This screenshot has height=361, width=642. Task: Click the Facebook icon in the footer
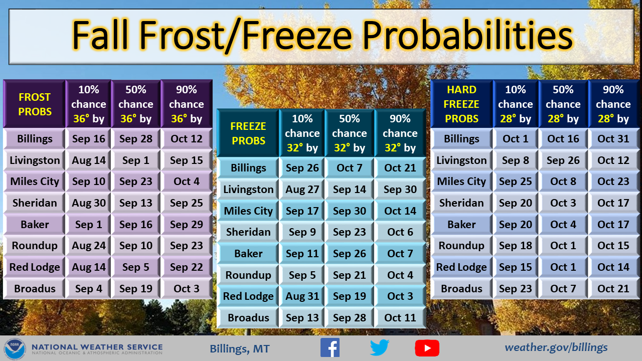pos(330,347)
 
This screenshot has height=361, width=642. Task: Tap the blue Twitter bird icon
pos(380,347)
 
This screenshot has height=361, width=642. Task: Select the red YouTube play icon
pos(427,348)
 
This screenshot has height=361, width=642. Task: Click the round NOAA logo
pos(15,348)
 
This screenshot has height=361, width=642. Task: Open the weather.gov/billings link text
pos(556,347)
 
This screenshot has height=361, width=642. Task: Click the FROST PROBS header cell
pos(35,104)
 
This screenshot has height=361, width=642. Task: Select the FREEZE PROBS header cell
pos(248,133)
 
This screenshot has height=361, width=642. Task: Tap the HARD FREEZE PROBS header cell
pos(461,104)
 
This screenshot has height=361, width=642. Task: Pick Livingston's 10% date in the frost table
pos(89,160)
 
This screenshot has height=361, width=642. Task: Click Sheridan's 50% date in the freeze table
pos(350,232)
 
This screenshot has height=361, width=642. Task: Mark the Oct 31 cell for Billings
pos(613,139)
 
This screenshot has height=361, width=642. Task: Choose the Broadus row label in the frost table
pos(35,288)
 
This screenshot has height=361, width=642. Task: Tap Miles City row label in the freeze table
pos(248,211)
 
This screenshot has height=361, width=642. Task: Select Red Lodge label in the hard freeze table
pos(461,267)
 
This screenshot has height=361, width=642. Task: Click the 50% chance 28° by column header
pos(563,104)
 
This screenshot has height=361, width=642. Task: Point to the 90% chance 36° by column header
pos(187,104)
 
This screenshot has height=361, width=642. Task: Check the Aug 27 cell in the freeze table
pos(302,190)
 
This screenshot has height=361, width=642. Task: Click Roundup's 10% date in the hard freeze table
pos(515,246)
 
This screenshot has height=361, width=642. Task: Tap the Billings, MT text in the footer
pos(240,348)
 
